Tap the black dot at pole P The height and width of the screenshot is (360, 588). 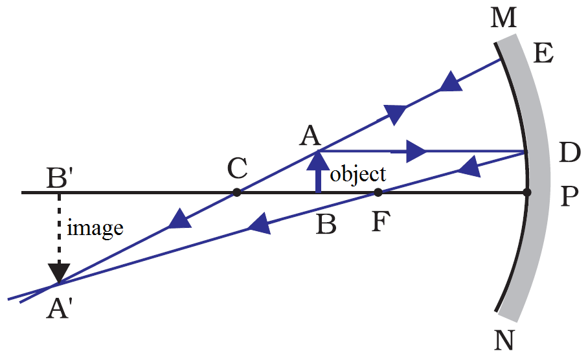tap(527, 192)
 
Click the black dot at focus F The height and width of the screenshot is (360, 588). tap(378, 192)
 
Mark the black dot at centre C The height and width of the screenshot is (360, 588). tap(237, 192)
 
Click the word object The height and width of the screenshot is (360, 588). tap(358, 174)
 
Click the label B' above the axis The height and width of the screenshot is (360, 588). tap(59, 175)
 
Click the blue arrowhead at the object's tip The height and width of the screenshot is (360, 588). tap(318, 159)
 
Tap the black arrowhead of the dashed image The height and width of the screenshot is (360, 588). tap(60, 269)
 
